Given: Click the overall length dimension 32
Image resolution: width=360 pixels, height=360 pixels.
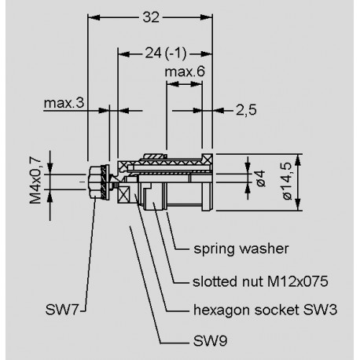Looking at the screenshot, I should click(x=149, y=16).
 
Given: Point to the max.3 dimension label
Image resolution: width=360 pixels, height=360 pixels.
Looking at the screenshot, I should click(x=64, y=103).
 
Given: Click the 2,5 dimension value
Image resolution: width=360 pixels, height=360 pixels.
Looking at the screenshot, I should click(x=246, y=110).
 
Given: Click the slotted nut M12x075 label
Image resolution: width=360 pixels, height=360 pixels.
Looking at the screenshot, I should click(x=251, y=281).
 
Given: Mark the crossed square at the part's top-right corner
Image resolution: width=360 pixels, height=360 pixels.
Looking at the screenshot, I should click(x=207, y=154).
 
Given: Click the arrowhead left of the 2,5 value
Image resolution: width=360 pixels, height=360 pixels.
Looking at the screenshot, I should click(x=217, y=110).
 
